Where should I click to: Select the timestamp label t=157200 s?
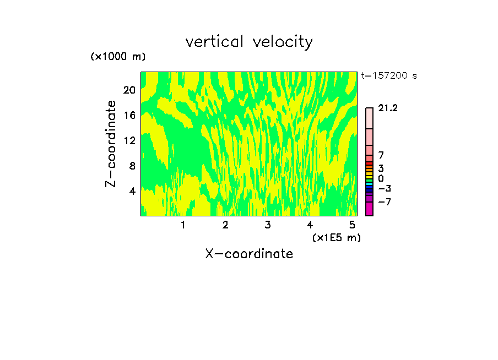[389, 76]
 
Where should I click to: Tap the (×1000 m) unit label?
[118, 57]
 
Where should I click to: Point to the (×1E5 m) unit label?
[336, 237]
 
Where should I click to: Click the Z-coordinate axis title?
[111, 144]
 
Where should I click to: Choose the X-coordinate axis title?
[249, 254]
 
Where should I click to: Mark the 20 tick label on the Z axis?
[129, 90]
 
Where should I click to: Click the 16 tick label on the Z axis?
[129, 115]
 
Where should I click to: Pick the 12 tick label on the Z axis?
[129, 140]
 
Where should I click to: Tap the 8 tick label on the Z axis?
[132, 166]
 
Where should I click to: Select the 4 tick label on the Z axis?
[132, 191]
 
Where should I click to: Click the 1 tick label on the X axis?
[183, 225]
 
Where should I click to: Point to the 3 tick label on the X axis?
[267, 225]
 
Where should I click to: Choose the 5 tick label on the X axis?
[351, 225]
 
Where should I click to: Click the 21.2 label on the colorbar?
[388, 108]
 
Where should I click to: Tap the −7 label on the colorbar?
[384, 202]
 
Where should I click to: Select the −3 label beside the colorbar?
[384, 189]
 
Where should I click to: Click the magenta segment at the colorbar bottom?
[369, 209]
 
